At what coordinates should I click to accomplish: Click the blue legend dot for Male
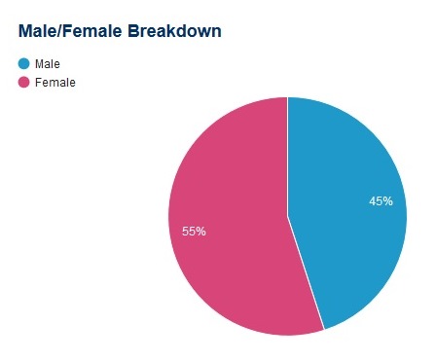coord(24,63)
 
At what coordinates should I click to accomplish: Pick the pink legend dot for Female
coord(24,82)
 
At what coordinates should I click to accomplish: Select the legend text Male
coord(47,63)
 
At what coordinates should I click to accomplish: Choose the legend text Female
coord(54,82)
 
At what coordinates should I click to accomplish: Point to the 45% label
coord(381,201)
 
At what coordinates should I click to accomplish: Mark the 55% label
coord(194,232)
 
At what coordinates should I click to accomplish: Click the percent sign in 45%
coord(387,201)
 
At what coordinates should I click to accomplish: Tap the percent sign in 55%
coord(200,232)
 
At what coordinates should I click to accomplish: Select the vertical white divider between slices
coord(287,156)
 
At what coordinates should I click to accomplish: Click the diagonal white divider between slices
coord(306,274)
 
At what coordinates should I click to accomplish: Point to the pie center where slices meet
coord(287,215)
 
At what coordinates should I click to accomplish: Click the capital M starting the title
coord(25,31)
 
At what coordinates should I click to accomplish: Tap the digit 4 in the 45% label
coord(373,201)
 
